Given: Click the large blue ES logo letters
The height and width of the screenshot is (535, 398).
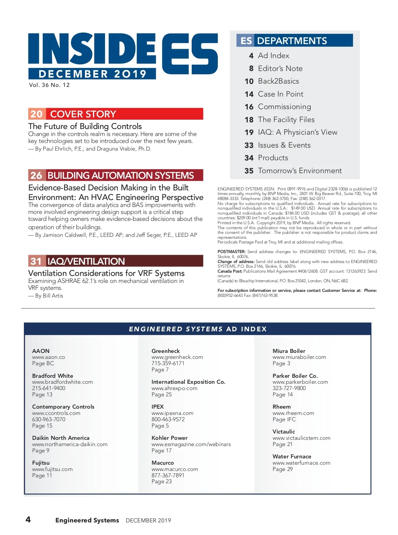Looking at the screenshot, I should (x=190, y=54).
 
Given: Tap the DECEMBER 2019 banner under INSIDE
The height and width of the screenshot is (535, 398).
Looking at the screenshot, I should (x=92, y=74).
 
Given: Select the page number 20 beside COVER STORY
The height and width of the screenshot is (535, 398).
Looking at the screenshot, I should (x=36, y=114).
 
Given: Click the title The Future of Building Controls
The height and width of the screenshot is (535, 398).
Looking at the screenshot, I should (x=85, y=126).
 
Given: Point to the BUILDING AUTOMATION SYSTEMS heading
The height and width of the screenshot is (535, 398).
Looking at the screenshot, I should (x=120, y=175).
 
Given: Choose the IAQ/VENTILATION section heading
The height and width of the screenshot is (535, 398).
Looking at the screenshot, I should (x=86, y=261).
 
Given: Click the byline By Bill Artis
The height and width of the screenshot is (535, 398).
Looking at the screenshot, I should (x=49, y=296).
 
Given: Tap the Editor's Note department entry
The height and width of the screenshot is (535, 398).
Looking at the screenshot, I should (x=280, y=69).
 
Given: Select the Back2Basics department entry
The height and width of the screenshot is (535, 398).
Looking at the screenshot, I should (x=278, y=81).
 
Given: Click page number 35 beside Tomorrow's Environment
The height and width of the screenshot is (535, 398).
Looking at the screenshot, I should (x=249, y=171).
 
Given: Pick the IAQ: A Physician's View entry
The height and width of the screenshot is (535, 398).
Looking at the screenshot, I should (x=298, y=132).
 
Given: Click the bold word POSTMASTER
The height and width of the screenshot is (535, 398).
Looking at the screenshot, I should (x=231, y=252).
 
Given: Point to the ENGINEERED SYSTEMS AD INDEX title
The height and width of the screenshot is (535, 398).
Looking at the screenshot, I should (x=198, y=329).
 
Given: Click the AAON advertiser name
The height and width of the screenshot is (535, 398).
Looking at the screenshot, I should (x=41, y=351).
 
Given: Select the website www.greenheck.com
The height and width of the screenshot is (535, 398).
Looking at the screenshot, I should (x=177, y=357).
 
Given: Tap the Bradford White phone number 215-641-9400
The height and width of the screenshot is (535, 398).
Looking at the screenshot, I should (x=49, y=388).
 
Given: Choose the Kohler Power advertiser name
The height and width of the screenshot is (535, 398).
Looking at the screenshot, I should (x=169, y=438).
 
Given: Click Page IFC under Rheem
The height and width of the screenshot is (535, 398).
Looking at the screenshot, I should (x=284, y=419).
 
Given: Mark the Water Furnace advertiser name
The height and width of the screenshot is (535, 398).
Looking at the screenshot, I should (x=292, y=456).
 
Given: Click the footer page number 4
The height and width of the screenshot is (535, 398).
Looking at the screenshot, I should (x=28, y=519).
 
